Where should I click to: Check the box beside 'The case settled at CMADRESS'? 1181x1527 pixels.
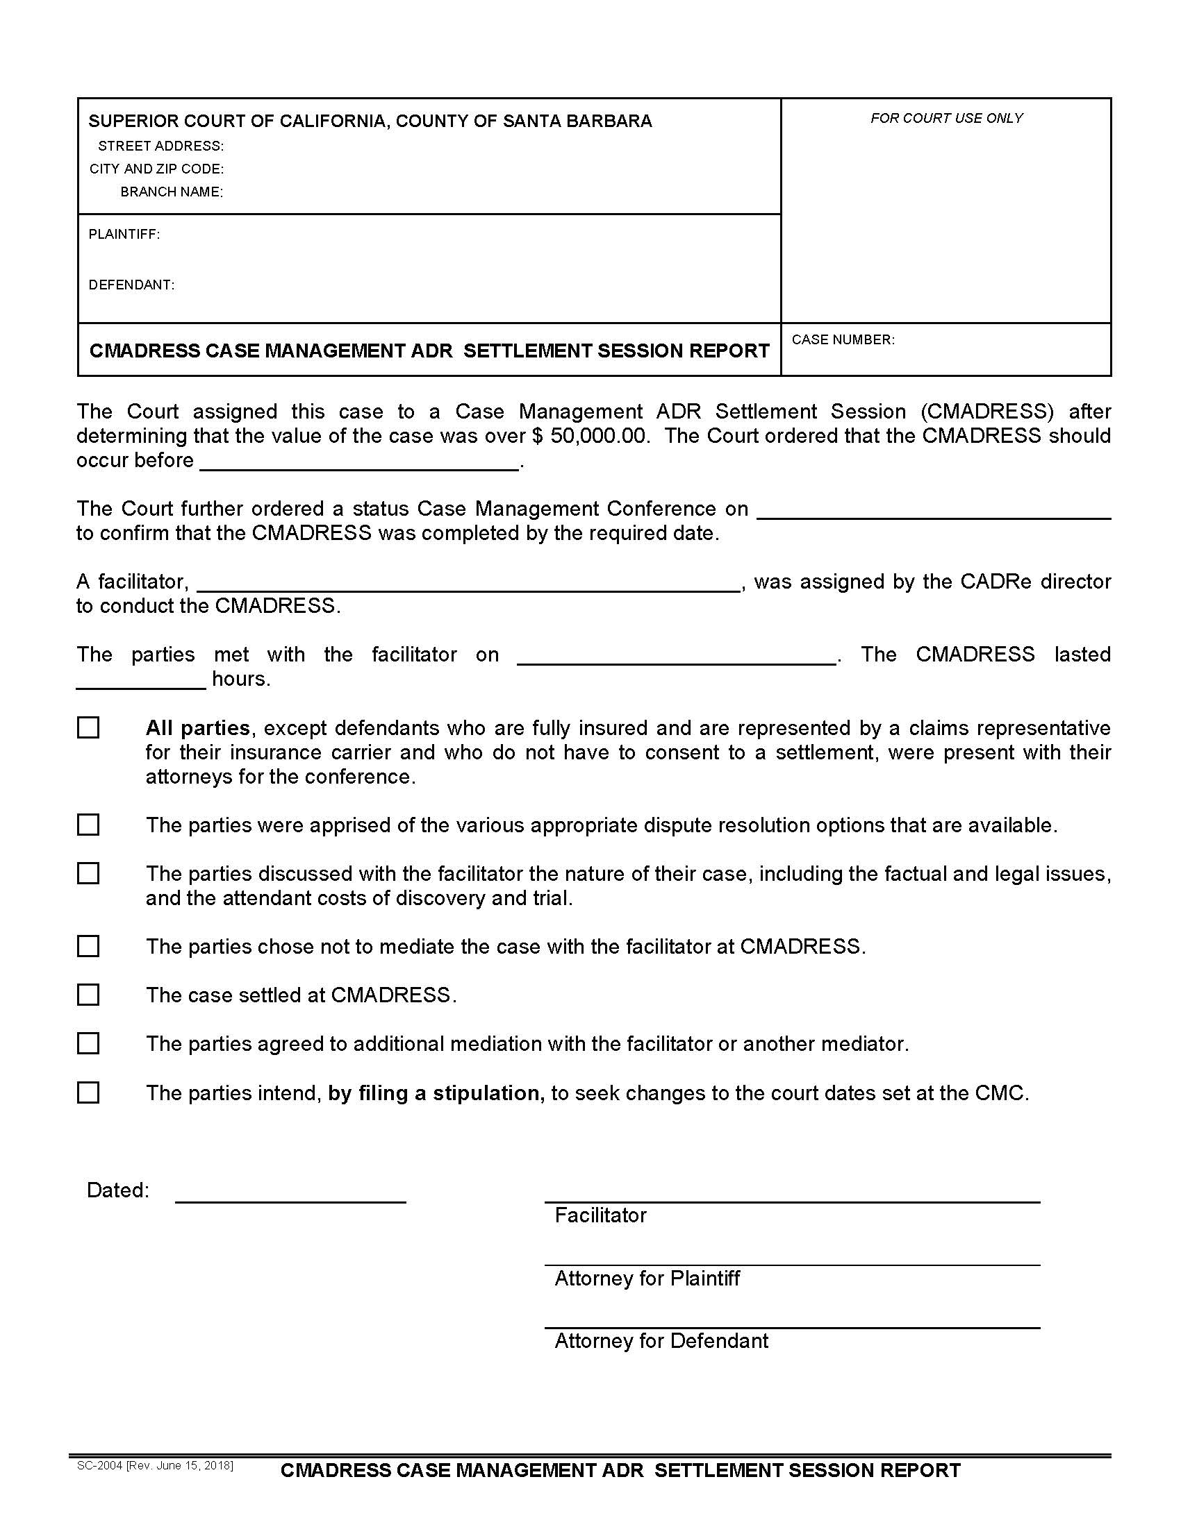88,994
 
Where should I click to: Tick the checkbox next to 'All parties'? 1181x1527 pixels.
88,728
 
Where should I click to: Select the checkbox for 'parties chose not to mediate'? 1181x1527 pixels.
88,946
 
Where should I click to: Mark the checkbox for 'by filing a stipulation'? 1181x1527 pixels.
88,1092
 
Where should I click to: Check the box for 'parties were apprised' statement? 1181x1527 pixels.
88,825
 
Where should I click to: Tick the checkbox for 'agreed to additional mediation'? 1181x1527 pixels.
88,1043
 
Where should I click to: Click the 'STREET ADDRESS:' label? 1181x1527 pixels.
161,146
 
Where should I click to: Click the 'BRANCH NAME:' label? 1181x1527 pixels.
172,192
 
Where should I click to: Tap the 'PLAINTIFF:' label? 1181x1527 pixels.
124,234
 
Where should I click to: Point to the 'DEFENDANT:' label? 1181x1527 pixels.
131,285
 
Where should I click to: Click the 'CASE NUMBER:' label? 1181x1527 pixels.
843,340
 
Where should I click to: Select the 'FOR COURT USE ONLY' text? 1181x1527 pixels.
946,118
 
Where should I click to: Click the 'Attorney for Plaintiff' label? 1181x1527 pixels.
647,1278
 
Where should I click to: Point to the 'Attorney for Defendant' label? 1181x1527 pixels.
661,1340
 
